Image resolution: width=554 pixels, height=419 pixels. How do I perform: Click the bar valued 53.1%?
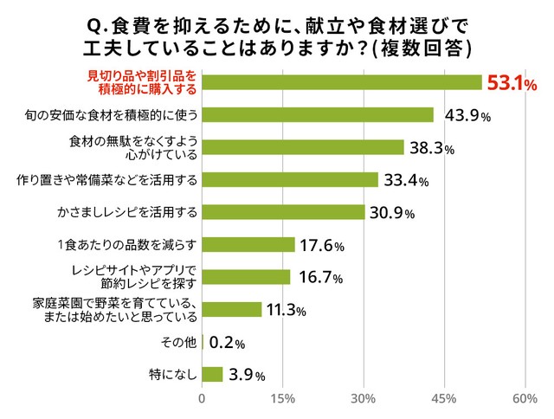342,82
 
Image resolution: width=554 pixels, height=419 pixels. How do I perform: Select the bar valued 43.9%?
318,114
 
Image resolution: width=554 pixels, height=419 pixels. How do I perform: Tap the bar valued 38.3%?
303,147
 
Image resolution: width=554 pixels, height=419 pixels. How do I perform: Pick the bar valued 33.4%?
290,180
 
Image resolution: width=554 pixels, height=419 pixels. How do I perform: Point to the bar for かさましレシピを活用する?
283,212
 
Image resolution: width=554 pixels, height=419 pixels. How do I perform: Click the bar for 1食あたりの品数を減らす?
248,245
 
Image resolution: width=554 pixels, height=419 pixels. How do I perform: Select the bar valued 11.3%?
231,310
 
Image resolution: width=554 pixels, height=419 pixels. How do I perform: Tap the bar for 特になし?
212,375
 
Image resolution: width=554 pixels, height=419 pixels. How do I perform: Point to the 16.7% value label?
321,278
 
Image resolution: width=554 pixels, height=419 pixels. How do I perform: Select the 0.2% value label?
228,343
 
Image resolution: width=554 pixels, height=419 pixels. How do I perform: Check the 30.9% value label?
392,213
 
